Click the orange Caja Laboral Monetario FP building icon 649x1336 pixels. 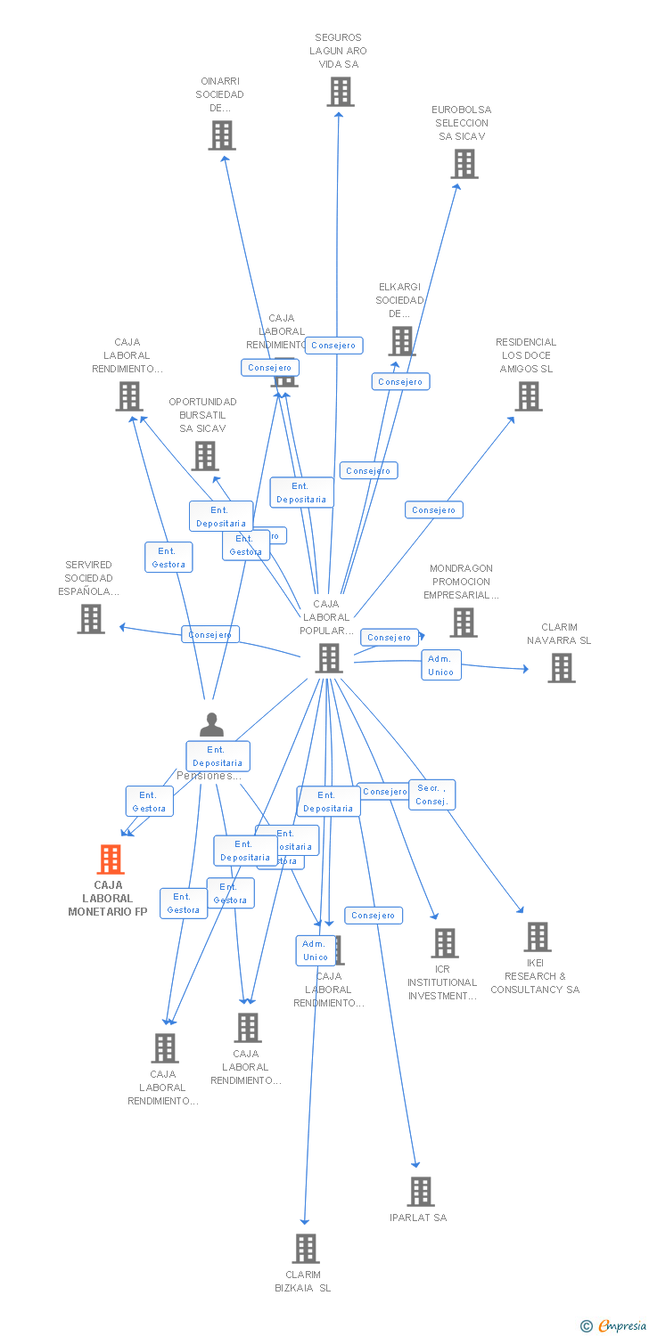pos(110,859)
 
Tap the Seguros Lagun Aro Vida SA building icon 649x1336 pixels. pos(340,92)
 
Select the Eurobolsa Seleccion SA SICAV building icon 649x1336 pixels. pos(464,164)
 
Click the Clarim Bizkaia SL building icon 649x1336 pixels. pos(306,1249)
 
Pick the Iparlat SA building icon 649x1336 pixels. pos(420,1192)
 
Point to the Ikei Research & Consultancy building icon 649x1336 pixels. pos(537,937)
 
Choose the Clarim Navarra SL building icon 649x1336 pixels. pos(561,668)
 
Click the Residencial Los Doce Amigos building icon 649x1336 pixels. pos(529,396)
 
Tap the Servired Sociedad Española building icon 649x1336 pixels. pos(91,619)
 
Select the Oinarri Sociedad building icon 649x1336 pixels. pos(221,135)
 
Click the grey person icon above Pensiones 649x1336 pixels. pos(211,725)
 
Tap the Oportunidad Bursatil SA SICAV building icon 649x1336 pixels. pos(205,456)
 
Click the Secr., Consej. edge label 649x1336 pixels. pos(431,794)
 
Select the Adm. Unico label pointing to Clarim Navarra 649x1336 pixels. pos(441,665)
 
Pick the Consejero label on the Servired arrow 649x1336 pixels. pos(210,635)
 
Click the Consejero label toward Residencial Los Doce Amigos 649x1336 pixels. pos(434,510)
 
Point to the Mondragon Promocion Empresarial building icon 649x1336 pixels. pos(463,623)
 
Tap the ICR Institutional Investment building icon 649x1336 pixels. pos(444,943)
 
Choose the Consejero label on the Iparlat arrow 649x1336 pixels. pos(374,916)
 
